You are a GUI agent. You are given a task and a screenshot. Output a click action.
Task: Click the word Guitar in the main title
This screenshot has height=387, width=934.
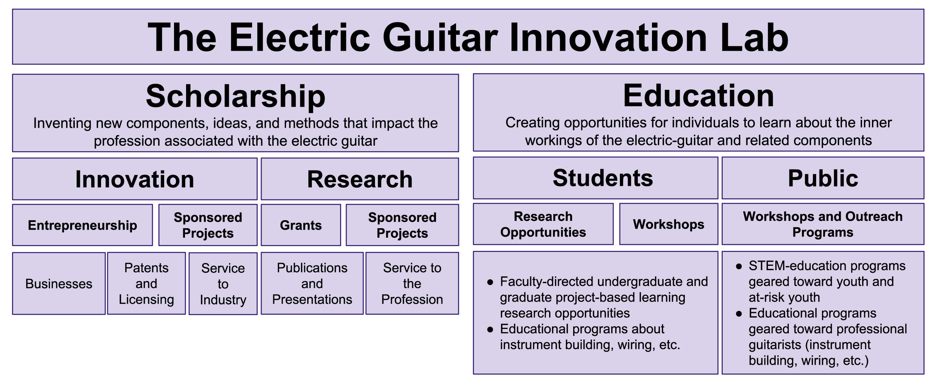coord(440,37)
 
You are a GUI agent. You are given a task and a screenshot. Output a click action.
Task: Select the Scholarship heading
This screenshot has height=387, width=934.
coord(235,96)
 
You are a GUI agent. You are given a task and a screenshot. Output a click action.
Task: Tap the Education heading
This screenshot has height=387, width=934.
coord(698,96)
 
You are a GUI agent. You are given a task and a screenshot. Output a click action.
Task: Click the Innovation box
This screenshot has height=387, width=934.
coord(135,179)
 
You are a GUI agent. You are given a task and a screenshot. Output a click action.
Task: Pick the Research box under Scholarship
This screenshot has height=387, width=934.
coord(360,179)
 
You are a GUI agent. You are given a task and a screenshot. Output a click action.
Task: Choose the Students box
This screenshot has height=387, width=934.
coord(595,178)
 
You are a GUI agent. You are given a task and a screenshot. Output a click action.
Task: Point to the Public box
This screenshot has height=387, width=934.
coord(823,178)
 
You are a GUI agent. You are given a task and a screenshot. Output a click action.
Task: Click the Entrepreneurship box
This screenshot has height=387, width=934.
coord(82,225)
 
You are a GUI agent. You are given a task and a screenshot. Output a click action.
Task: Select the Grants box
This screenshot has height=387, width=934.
coord(301,225)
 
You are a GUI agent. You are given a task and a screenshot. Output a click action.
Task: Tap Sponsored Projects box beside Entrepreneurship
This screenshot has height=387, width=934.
coord(208,225)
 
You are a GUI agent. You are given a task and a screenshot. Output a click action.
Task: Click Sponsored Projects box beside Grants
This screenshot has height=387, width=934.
coord(402,225)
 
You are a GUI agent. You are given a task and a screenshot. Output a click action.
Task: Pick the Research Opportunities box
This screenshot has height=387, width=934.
coord(543,224)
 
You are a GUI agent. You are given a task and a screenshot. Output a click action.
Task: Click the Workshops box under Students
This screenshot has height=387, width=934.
coord(669,224)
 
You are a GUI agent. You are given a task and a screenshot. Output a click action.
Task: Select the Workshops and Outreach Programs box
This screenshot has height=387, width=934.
coord(823,224)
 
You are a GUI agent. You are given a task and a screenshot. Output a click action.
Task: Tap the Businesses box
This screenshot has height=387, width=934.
coord(59,283)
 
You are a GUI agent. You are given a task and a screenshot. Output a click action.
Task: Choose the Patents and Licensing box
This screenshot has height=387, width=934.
coord(146,283)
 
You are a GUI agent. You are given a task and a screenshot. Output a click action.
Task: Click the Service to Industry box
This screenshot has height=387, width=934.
coord(223,284)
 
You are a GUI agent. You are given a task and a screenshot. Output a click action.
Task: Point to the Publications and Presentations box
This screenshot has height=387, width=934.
coord(312,283)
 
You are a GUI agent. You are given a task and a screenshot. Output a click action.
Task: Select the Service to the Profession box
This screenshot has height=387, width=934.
coord(412,283)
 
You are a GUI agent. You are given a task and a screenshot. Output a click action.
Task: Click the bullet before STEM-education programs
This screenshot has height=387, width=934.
coord(739,267)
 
